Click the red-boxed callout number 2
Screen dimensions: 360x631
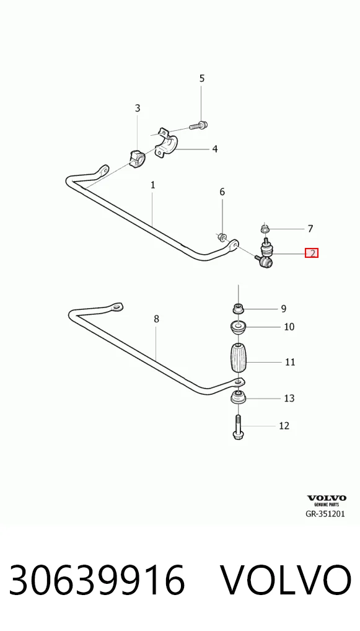(x=311, y=253)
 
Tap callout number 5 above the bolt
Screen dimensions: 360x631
(x=202, y=78)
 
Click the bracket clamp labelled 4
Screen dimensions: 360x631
(x=167, y=144)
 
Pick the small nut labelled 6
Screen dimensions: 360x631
(x=221, y=237)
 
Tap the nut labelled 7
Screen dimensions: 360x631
(x=265, y=230)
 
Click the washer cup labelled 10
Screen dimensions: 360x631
(x=238, y=327)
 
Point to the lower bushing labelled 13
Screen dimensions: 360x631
(x=238, y=399)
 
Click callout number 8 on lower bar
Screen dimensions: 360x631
(x=156, y=319)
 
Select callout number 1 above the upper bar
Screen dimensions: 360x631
(x=153, y=185)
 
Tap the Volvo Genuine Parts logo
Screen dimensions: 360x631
(x=326, y=500)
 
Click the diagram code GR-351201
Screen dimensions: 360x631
(x=325, y=514)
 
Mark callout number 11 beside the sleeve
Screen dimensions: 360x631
(x=290, y=362)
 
